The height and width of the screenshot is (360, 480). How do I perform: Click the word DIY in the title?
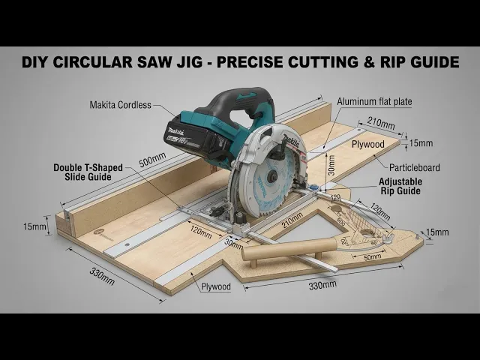tap(37, 62)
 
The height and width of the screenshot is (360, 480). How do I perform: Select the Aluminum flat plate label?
tap(375, 100)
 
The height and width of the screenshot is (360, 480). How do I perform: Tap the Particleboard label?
tap(415, 167)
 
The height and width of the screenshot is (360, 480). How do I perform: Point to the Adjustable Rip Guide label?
tap(400, 186)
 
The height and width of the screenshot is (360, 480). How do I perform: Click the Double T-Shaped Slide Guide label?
tap(82, 172)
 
